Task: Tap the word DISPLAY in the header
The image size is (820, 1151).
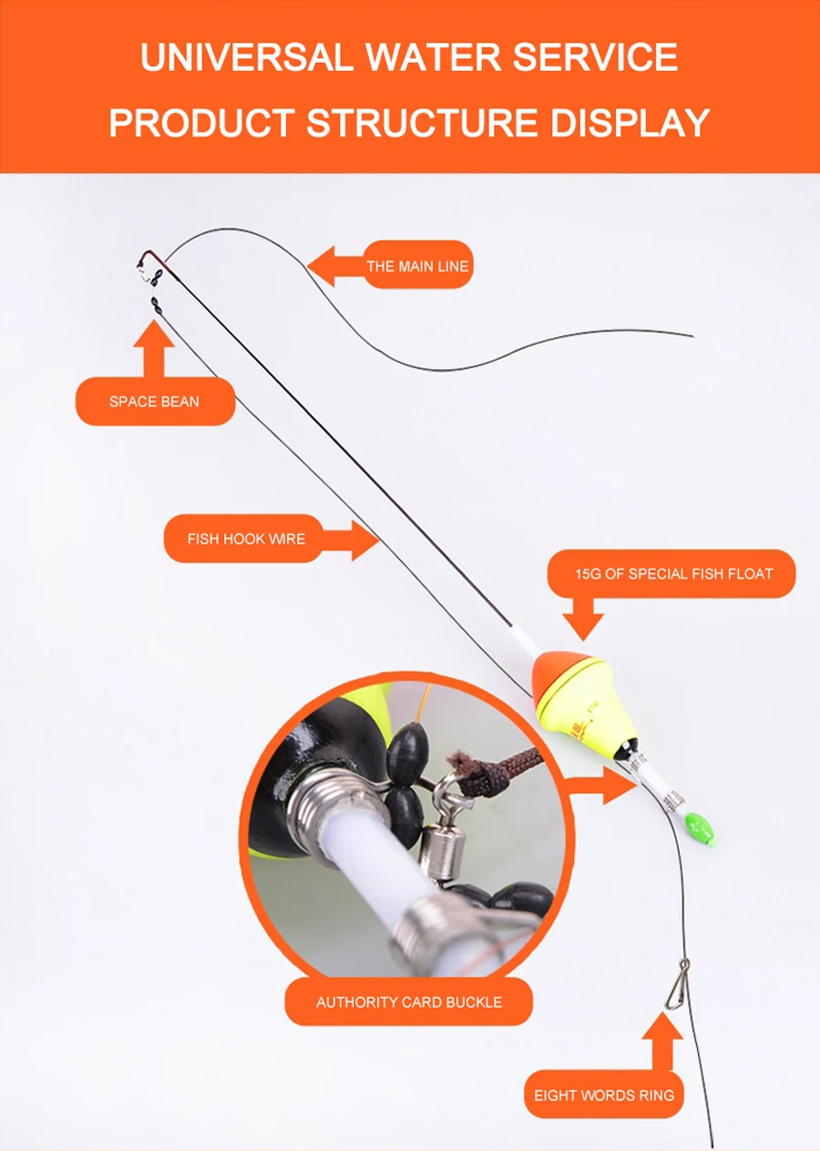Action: [630, 123]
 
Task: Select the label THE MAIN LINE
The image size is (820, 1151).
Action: [417, 266]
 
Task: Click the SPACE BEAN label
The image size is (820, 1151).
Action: [154, 402]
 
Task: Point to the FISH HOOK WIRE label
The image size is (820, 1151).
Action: [246, 539]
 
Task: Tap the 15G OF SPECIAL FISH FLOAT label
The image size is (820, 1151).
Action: [673, 573]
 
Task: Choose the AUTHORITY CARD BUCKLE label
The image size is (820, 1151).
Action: [409, 1002]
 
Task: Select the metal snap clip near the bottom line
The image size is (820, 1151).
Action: [677, 985]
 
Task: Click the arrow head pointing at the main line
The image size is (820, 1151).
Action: [323, 266]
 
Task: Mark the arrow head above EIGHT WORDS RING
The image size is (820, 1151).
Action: [662, 1027]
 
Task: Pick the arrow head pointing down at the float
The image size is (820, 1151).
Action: [583, 627]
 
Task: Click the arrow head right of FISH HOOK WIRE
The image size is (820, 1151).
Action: [365, 540]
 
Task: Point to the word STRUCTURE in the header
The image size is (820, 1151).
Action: [421, 123]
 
